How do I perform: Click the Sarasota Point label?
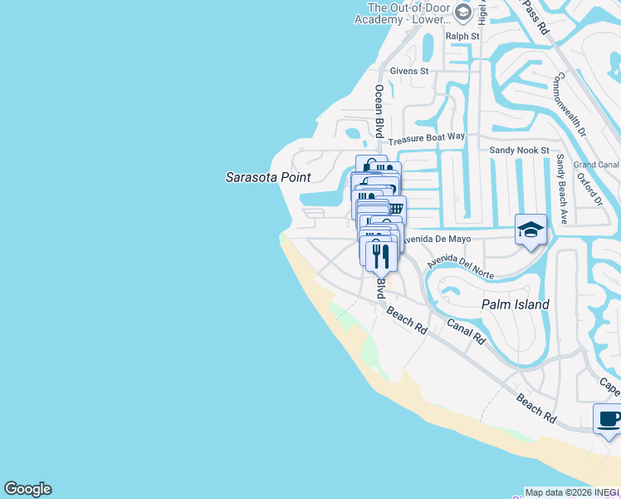pyautogui.click(x=268, y=177)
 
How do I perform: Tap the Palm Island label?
pyautogui.click(x=516, y=304)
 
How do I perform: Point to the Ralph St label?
pyautogui.click(x=462, y=37)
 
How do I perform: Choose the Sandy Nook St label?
pyautogui.click(x=519, y=151)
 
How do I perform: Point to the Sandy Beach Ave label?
pyautogui.click(x=562, y=189)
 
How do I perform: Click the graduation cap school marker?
pyautogui.click(x=531, y=229)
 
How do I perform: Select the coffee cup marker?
pyautogui.click(x=609, y=418)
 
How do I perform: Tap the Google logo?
pyautogui.click(x=27, y=489)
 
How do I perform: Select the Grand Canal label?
pyautogui.click(x=596, y=165)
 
